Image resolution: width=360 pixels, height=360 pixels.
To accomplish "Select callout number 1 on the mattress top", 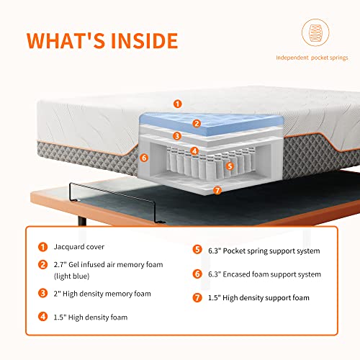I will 178,104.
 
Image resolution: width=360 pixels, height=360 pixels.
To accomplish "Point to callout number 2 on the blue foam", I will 197,123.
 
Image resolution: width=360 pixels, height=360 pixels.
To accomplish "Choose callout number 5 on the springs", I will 230,165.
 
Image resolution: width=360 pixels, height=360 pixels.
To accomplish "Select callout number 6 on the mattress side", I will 144,158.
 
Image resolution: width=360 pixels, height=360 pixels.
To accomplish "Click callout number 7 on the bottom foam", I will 217,191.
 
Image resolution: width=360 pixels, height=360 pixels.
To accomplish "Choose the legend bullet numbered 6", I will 197,274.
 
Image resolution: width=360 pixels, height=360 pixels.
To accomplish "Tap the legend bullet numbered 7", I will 197,297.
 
